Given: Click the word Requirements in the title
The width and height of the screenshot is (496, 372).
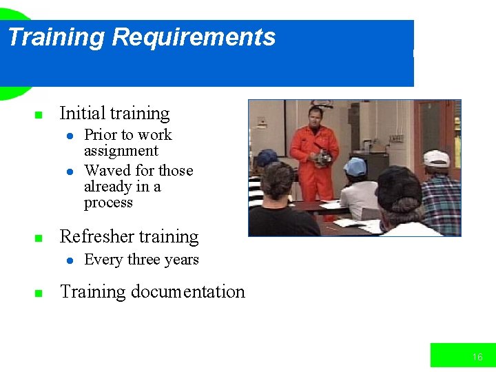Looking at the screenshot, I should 194,37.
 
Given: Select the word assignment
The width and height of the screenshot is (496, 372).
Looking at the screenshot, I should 121,151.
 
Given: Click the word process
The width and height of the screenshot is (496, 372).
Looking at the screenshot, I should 108,203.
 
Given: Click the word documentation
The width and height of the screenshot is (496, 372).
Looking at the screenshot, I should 188,291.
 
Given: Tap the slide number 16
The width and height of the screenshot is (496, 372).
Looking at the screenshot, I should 477,357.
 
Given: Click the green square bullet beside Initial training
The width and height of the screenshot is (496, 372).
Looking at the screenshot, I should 39,115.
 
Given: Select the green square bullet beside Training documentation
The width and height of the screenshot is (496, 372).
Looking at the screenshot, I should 39,293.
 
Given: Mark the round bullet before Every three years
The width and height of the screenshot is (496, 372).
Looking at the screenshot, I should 70,261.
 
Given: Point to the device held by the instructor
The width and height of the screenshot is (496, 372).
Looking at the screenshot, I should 322,156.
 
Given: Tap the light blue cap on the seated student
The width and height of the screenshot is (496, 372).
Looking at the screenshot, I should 355,167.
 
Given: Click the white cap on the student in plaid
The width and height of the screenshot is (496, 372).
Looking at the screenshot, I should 436,158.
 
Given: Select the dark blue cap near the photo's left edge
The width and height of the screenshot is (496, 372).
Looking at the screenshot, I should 266,157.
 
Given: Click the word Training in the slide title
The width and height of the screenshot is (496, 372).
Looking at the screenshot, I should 56,37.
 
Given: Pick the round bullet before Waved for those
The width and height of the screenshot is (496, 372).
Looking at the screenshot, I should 70,172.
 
